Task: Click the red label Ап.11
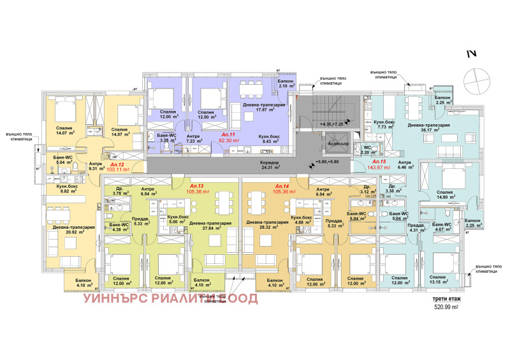point(228,136)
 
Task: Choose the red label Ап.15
point(379,162)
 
